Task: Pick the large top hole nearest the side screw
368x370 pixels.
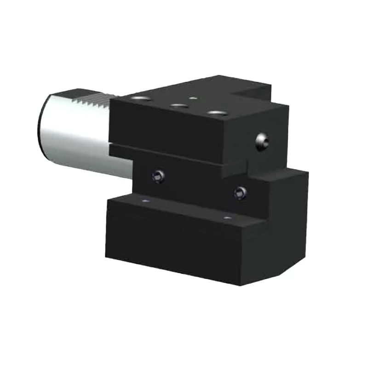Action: pos(214,112)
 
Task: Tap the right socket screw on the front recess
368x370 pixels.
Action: pos(239,193)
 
